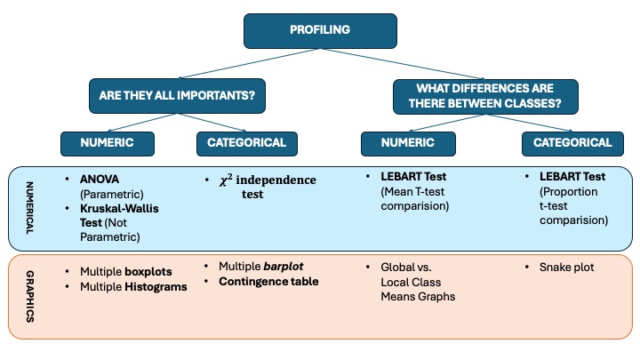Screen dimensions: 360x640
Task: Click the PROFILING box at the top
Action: coord(320,29)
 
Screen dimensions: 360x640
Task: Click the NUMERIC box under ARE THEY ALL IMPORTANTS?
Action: coord(108,142)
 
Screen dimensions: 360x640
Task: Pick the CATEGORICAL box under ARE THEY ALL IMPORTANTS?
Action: coord(246,142)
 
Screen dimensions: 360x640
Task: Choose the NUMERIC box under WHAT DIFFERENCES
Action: coord(409,142)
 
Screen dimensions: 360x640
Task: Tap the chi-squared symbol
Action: coord(226,180)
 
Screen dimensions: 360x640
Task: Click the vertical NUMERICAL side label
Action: coord(28,207)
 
